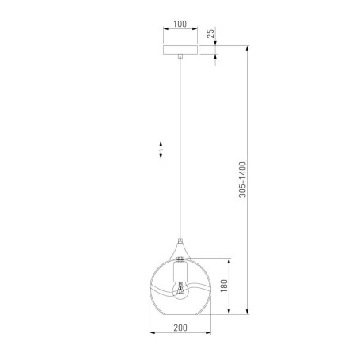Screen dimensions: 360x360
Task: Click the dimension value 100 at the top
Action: (x=180, y=25)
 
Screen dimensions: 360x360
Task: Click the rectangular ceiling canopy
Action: (x=180, y=49)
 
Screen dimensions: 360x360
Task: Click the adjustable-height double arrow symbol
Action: (x=161, y=150)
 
